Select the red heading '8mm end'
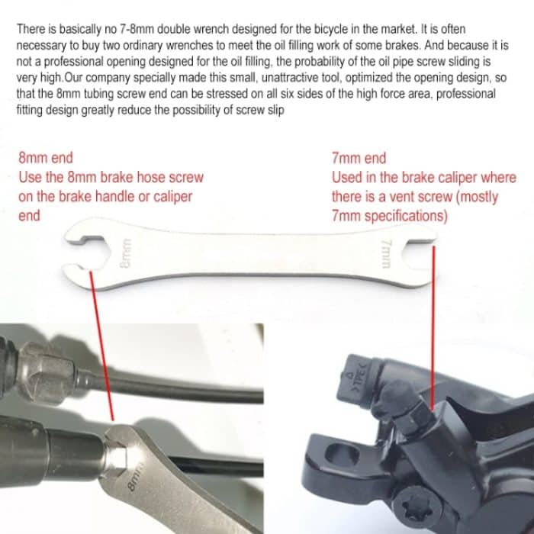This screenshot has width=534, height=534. tap(46, 158)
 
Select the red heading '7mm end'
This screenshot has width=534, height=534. tap(359, 159)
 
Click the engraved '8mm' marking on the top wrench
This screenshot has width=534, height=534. tap(125, 253)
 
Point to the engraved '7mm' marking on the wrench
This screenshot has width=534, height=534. tap(386, 254)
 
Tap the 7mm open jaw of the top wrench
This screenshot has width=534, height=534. tap(419, 254)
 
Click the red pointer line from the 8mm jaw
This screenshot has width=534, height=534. tap(101, 346)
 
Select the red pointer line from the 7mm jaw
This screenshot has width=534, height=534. tap(433, 328)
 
